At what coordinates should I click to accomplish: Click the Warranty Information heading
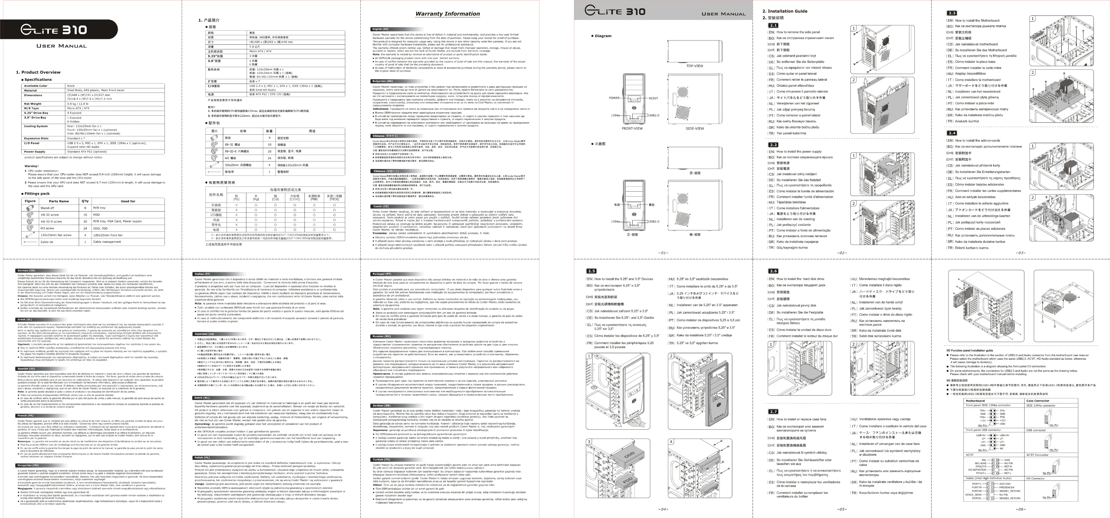click(447, 14)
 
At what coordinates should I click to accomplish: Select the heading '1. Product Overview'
click(38, 72)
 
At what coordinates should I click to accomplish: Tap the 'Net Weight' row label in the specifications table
click(33, 103)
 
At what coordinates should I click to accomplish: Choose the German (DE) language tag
click(27, 271)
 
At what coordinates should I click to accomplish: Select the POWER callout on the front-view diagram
click(614, 98)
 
